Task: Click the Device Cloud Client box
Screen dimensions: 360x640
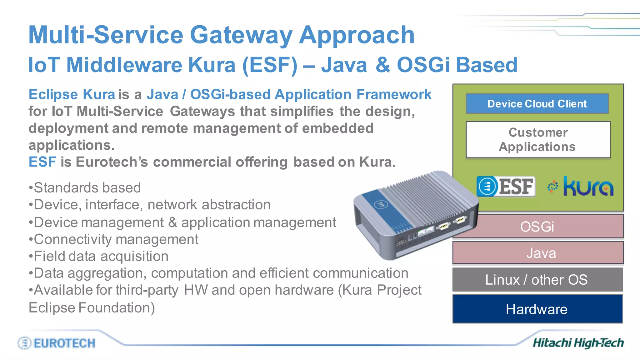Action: pyautogui.click(x=537, y=104)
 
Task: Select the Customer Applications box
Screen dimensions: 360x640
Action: pyautogui.click(x=537, y=140)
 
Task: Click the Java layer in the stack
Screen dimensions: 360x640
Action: pyautogui.click(x=541, y=253)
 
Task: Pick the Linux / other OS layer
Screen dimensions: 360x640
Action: pyautogui.click(x=537, y=280)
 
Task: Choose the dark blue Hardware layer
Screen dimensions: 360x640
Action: pyautogui.click(x=537, y=309)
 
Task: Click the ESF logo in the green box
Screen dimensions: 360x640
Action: pyautogui.click(x=506, y=187)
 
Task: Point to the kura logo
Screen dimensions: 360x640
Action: pyautogui.click(x=581, y=187)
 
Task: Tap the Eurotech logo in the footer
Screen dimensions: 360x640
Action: pyautogui.click(x=57, y=343)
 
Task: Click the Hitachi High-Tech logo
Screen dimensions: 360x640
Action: pyautogui.click(x=578, y=343)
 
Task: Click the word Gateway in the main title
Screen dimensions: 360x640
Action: pyautogui.click(x=241, y=35)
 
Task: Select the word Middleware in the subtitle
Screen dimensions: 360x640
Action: pyautogui.click(x=124, y=65)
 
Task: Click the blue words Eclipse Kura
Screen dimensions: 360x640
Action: pyautogui.click(x=72, y=94)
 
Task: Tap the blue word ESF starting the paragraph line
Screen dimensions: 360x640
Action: pyautogui.click(x=42, y=162)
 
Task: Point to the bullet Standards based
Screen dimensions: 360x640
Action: pyautogui.click(x=85, y=188)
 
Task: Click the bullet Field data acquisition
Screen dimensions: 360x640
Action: pyautogui.click(x=99, y=256)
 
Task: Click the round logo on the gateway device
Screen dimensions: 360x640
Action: pyautogui.click(x=381, y=205)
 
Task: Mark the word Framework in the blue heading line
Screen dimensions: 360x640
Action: pyautogui.click(x=394, y=94)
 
